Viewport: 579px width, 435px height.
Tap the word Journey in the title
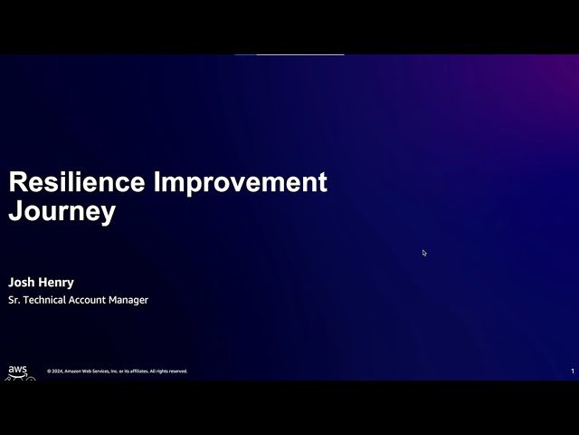click(62, 212)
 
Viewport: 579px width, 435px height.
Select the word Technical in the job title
click(45, 300)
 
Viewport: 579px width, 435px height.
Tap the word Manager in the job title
click(130, 300)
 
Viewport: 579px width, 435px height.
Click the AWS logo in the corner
click(18, 371)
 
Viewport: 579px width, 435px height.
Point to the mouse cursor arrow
click(424, 253)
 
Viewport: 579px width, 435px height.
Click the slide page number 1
click(572, 372)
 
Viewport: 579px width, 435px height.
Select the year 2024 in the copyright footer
click(57, 372)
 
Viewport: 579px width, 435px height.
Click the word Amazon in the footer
click(73, 372)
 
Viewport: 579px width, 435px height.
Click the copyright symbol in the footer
click(49, 372)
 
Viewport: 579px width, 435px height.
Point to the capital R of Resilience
click(17, 182)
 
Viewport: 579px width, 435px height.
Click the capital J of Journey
click(15, 212)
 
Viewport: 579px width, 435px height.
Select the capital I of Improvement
click(159, 182)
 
